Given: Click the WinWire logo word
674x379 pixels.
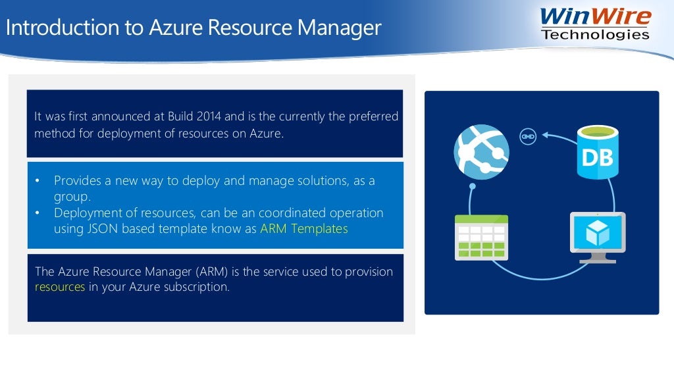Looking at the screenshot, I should tap(595, 16).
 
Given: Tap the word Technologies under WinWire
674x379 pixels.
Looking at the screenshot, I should tap(595, 35).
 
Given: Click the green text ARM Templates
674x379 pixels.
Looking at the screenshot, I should tap(304, 230).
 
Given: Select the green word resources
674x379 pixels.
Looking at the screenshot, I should tap(60, 287).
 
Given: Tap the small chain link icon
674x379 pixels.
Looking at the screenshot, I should tap(528, 137).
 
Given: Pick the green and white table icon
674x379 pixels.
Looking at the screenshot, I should tap(481, 238).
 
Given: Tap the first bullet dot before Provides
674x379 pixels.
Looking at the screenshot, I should tap(38, 180).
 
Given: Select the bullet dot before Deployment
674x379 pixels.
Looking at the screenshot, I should tap(38, 213).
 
